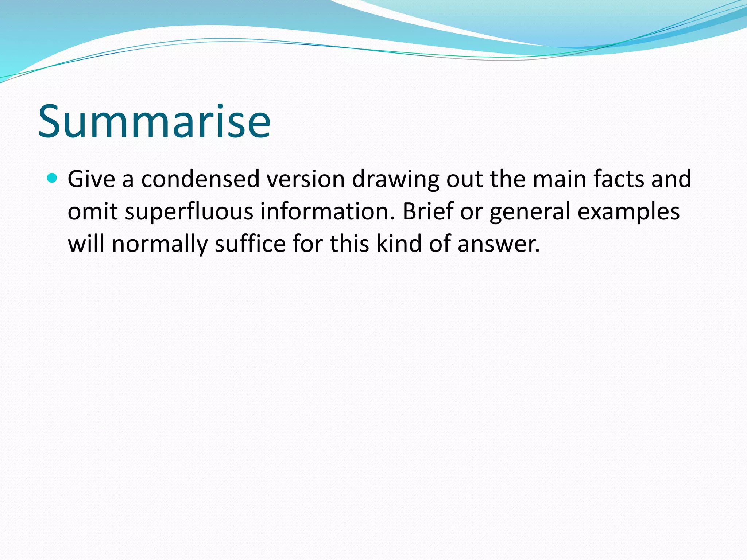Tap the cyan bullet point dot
coord(53,178)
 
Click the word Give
coord(91,179)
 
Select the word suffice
coord(250,244)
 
